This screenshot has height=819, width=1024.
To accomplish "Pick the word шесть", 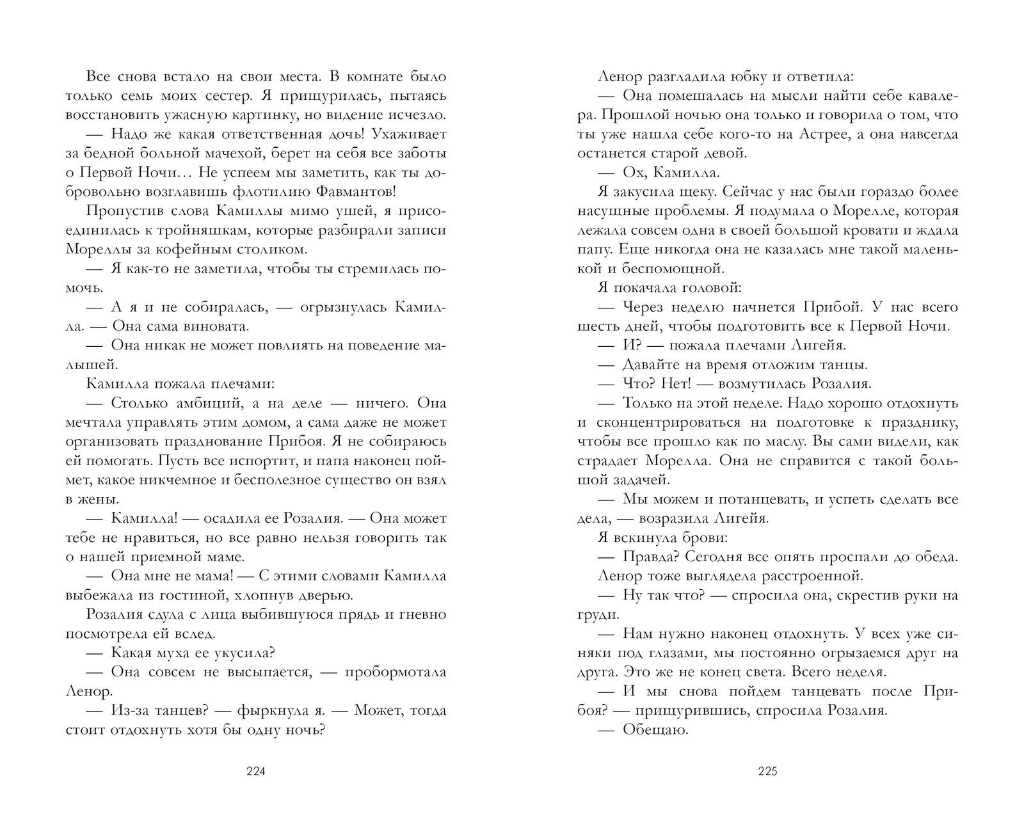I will [595, 326].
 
